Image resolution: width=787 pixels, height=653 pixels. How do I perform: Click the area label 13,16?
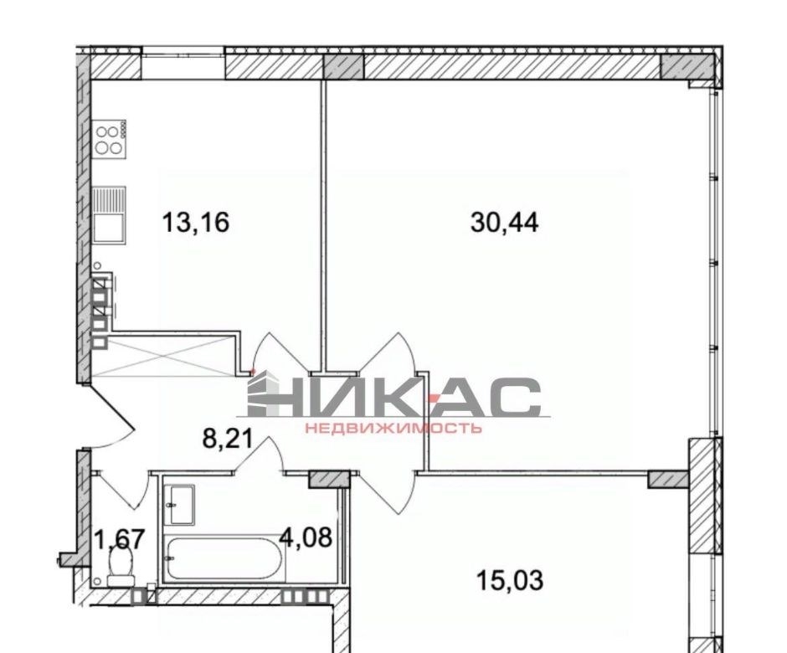195,223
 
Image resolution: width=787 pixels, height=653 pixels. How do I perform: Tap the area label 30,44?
504,223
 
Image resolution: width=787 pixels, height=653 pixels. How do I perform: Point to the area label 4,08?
306,537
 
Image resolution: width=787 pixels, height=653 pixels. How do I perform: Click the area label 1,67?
121,540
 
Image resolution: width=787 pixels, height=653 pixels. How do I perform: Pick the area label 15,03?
509,581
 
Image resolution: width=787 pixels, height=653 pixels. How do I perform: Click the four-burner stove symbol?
110,140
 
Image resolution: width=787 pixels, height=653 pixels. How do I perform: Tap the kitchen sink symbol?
109,215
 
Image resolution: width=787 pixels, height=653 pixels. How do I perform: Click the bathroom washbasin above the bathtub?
180,505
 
